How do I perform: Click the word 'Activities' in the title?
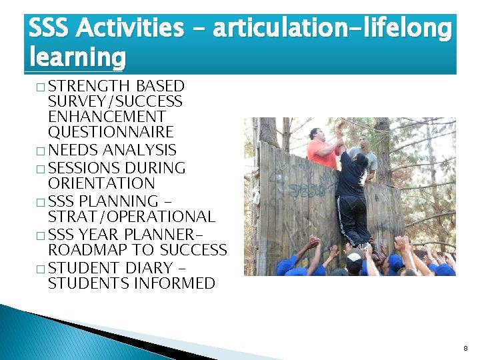coord(130,29)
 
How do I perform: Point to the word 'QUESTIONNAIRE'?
coord(111,132)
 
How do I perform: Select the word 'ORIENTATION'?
coord(101,183)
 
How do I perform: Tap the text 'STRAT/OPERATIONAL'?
coord(131,217)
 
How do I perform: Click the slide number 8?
coord(465,348)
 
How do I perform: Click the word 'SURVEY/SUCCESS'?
coord(115,101)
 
